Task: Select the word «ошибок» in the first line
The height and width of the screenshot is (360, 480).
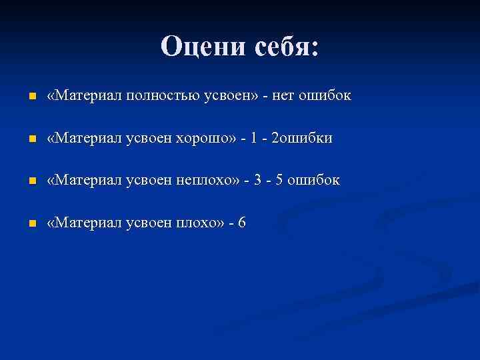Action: [x=326, y=97]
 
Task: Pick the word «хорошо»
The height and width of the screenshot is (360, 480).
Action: [x=203, y=139]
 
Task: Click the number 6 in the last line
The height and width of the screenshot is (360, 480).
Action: [x=241, y=223]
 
